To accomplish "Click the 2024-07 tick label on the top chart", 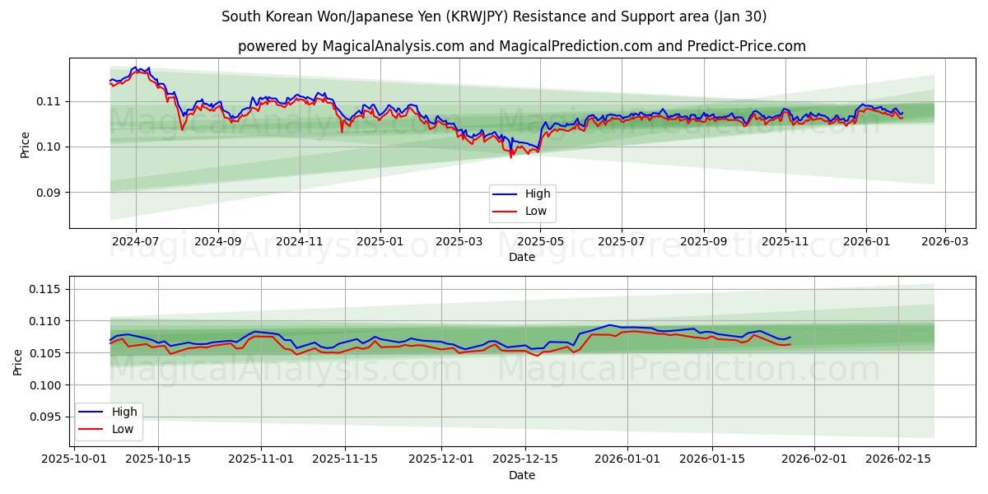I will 135,242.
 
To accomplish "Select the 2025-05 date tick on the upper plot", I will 540,242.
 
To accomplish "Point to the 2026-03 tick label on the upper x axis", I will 944,242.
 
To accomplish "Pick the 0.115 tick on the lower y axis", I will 44,289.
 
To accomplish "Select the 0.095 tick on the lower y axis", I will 44,417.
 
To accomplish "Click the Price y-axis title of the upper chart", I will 25,145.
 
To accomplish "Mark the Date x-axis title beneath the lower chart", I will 522,475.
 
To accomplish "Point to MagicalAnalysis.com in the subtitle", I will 388,46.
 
